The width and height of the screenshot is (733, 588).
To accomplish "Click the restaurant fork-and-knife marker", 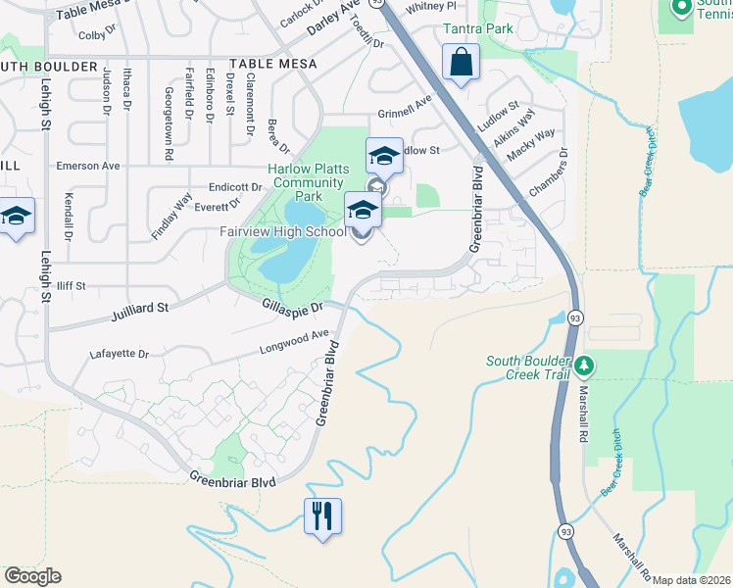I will [323, 514].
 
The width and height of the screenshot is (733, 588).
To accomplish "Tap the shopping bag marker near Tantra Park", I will [461, 64].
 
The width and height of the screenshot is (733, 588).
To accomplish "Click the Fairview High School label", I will [283, 232].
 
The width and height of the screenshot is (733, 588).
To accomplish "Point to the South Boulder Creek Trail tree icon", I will [584, 367].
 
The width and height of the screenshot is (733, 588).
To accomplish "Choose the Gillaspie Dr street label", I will [293, 307].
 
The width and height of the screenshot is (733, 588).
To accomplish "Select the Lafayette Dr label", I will [118, 354].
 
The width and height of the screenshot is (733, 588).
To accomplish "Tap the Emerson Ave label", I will [87, 166].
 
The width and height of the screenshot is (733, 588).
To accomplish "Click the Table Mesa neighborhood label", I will [273, 63].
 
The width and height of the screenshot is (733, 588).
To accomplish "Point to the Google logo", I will [32, 576].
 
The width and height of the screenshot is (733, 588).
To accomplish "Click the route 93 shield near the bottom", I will [565, 530].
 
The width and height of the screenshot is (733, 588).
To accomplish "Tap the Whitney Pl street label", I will [430, 6].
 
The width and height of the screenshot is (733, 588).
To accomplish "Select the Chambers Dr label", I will [548, 172].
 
